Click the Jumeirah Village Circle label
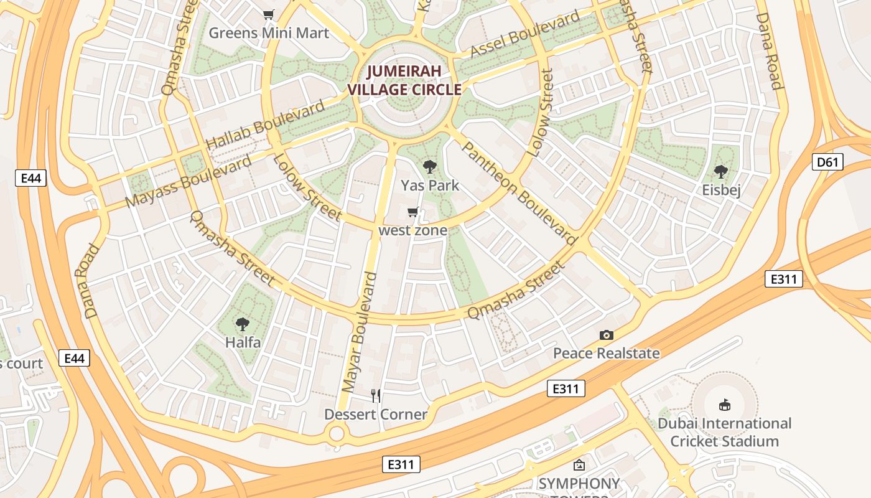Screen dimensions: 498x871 click(404, 80)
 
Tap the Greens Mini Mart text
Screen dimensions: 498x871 click(269, 33)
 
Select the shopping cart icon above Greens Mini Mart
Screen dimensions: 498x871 click(269, 14)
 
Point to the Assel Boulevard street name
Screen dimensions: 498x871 click(525, 35)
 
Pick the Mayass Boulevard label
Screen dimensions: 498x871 click(189, 181)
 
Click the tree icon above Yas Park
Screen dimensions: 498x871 click(429, 166)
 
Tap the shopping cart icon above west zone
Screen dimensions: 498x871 click(412, 212)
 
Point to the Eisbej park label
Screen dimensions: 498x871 click(721, 190)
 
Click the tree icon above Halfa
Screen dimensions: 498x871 click(243, 324)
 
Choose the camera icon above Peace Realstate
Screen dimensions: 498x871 click(607, 335)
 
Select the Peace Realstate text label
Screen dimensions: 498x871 click(607, 354)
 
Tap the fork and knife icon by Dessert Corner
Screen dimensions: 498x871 click(376, 395)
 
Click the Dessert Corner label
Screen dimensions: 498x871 click(376, 414)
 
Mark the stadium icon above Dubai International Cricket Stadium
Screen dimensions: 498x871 click(724, 405)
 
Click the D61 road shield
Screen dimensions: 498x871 click(828, 162)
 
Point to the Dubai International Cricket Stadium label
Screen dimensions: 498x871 click(724, 432)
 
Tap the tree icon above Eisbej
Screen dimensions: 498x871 click(721, 171)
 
